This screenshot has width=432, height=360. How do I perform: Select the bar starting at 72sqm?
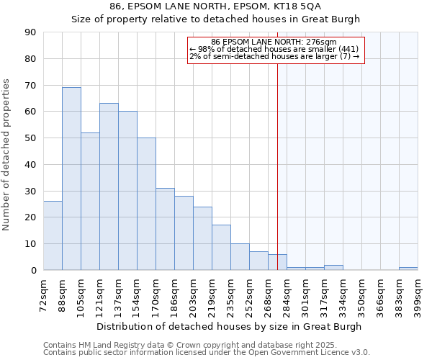tap(53, 235)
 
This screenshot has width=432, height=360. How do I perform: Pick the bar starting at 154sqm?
tap(146, 204)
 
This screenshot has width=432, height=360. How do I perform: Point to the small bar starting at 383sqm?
tap(408, 269)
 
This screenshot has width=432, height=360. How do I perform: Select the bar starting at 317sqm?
tap(333, 267)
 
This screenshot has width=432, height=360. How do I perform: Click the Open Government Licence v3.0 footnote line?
tap(206, 352)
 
